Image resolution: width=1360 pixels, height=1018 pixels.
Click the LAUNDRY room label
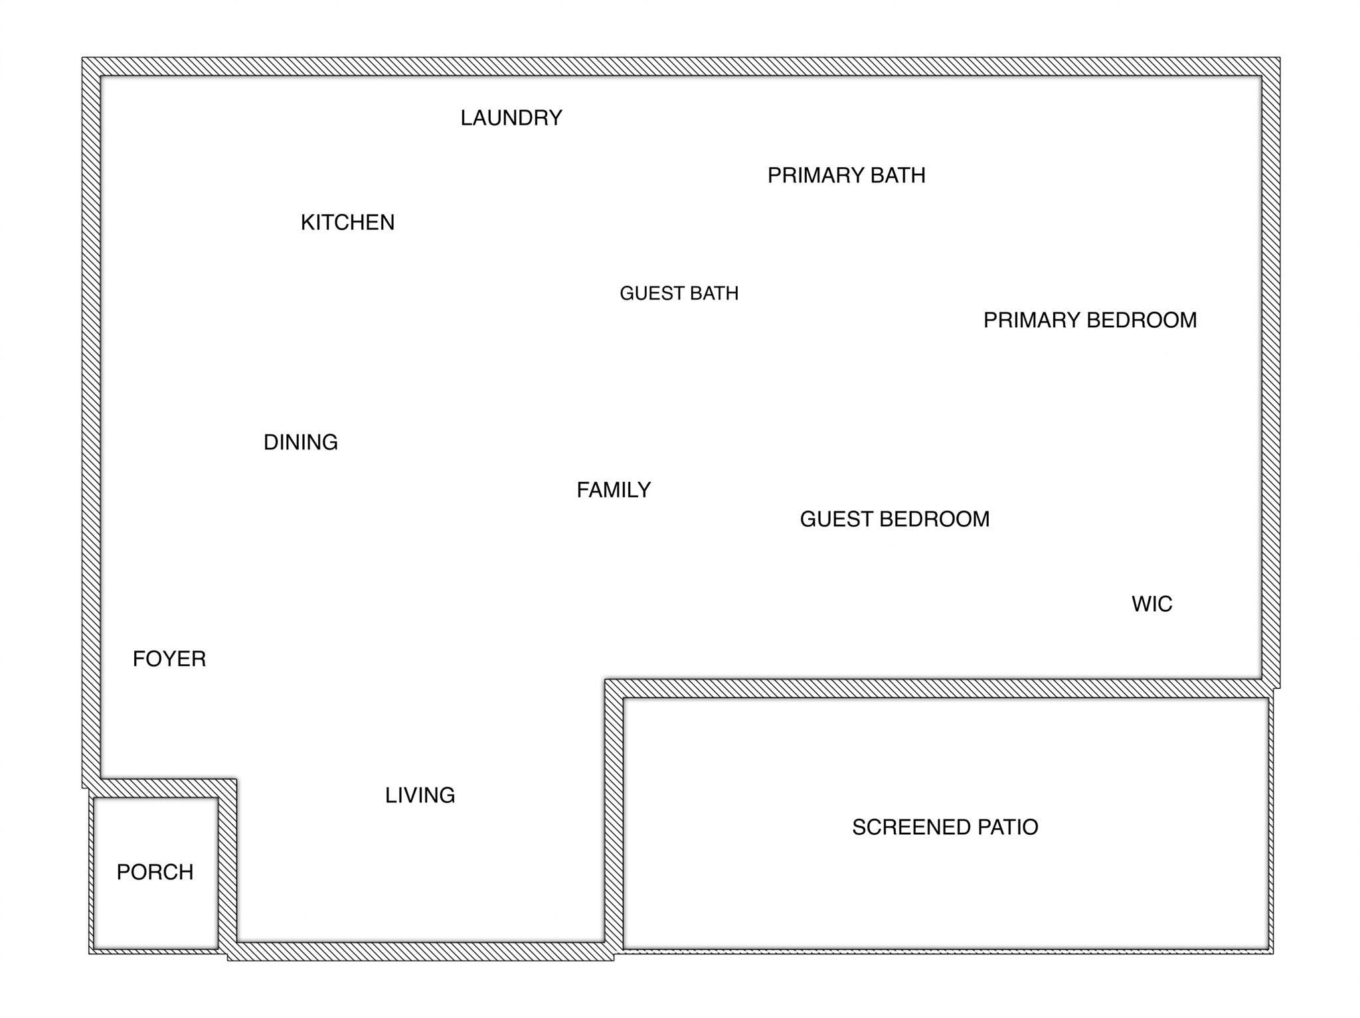[511, 118]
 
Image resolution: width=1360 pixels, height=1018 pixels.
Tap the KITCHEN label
[347, 222]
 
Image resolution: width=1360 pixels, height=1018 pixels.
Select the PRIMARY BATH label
[846, 175]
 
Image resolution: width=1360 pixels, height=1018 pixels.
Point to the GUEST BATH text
[679, 293]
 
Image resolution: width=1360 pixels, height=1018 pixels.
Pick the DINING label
[301, 443]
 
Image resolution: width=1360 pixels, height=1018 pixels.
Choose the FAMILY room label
[614, 490]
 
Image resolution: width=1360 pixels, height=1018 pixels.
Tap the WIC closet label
[1152, 604]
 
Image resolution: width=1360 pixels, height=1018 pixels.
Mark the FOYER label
[169, 659]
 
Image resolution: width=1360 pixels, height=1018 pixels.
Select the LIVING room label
[420, 795]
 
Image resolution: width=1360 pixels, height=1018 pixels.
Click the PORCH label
[155, 872]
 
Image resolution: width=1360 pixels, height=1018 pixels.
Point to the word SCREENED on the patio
[911, 828]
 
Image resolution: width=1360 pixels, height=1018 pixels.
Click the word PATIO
[1009, 828]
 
